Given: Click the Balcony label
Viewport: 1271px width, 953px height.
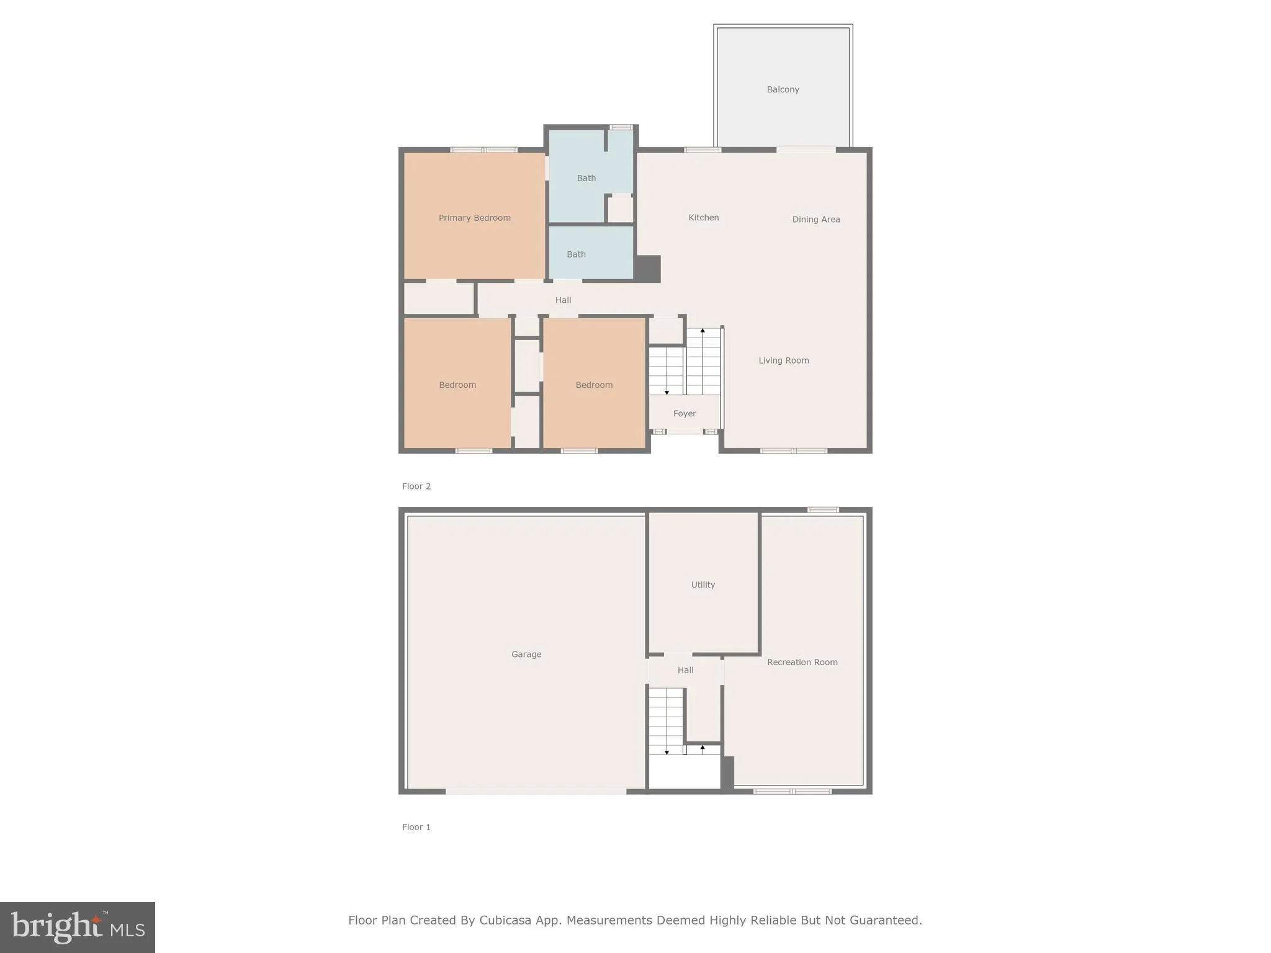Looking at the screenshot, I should (783, 89).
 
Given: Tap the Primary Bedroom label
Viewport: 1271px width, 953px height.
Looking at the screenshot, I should (474, 218).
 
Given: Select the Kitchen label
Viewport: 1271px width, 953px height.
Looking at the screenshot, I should (703, 218).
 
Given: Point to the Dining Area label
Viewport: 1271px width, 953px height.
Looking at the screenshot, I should (815, 219).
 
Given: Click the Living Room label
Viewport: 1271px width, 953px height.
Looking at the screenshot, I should (783, 360).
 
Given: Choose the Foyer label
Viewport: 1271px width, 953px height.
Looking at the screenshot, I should (685, 413).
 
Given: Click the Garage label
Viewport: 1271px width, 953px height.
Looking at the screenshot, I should (526, 654).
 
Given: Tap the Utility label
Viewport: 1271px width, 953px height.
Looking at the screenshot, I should (703, 584).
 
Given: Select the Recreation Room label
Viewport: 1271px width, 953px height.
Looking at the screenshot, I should (802, 662).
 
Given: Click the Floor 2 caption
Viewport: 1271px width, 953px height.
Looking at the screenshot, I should (416, 486).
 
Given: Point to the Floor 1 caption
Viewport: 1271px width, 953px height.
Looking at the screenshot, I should (416, 827).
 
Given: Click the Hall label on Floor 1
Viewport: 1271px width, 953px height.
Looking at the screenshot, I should (685, 670).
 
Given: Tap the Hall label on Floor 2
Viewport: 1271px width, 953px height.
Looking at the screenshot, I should (563, 300).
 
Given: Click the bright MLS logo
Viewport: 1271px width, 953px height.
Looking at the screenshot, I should (78, 928).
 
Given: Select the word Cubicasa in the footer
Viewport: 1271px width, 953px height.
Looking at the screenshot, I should (505, 920).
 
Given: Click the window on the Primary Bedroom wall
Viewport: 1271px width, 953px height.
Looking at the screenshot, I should (483, 150).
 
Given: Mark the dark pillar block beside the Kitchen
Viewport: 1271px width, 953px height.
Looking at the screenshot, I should (647, 269).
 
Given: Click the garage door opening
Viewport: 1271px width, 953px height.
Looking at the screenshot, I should (536, 792).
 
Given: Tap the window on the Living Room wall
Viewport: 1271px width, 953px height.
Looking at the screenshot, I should (794, 451).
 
